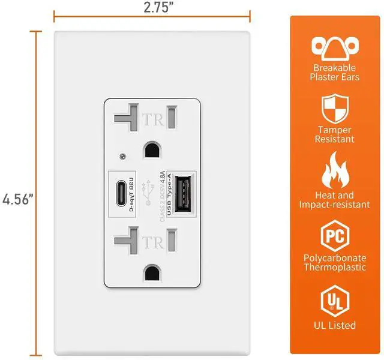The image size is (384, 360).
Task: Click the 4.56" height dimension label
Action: [17, 199]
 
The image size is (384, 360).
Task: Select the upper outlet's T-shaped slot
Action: [125, 118]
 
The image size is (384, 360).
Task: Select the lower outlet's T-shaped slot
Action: [125, 242]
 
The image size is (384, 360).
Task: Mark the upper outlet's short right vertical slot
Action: [173, 115]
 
